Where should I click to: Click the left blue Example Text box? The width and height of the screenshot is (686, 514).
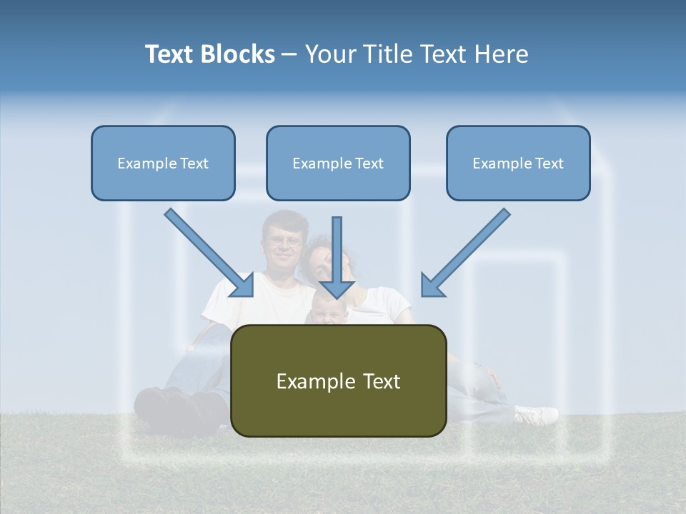pyautogui.click(x=163, y=163)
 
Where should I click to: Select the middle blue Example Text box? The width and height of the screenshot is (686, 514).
pyautogui.click(x=338, y=163)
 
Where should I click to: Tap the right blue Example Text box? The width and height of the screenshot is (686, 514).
pyautogui.click(x=518, y=163)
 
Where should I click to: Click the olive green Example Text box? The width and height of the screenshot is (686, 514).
pyautogui.click(x=338, y=381)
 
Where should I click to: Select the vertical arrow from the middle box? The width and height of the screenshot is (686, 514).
pyautogui.click(x=337, y=257)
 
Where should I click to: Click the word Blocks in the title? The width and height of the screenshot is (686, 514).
pyautogui.click(x=239, y=54)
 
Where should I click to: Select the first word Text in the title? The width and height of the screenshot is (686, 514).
pyautogui.click(x=171, y=54)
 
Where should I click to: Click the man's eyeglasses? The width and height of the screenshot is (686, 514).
pyautogui.click(x=284, y=241)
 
